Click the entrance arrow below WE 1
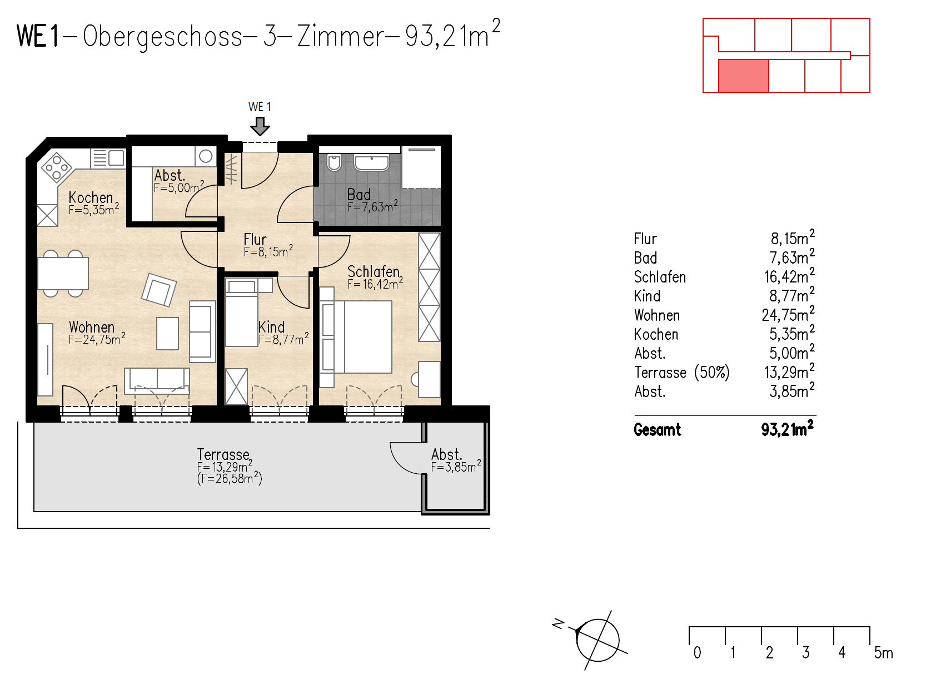(260, 127)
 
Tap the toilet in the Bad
(334, 162)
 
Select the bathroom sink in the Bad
(371, 162)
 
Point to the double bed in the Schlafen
(362, 337)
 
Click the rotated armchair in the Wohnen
(159, 290)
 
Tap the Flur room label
(255, 239)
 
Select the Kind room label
(271, 327)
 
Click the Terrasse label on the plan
(223, 454)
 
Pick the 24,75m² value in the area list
(788, 315)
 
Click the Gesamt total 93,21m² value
(787, 429)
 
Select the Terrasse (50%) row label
(681, 372)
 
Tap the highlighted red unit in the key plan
(743, 76)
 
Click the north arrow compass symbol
(597, 640)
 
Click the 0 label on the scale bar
(697, 652)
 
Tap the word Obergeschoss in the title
(162, 37)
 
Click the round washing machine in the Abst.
(206, 156)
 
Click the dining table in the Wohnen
(63, 273)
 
